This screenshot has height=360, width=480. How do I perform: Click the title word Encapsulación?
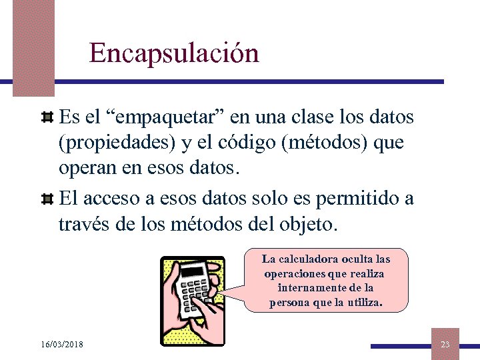[174, 53]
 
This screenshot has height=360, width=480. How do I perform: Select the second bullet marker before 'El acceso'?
[47, 199]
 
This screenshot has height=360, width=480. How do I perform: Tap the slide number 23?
[445, 344]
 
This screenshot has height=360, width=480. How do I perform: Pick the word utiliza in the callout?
[361, 303]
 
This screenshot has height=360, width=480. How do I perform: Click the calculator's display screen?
[193, 271]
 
